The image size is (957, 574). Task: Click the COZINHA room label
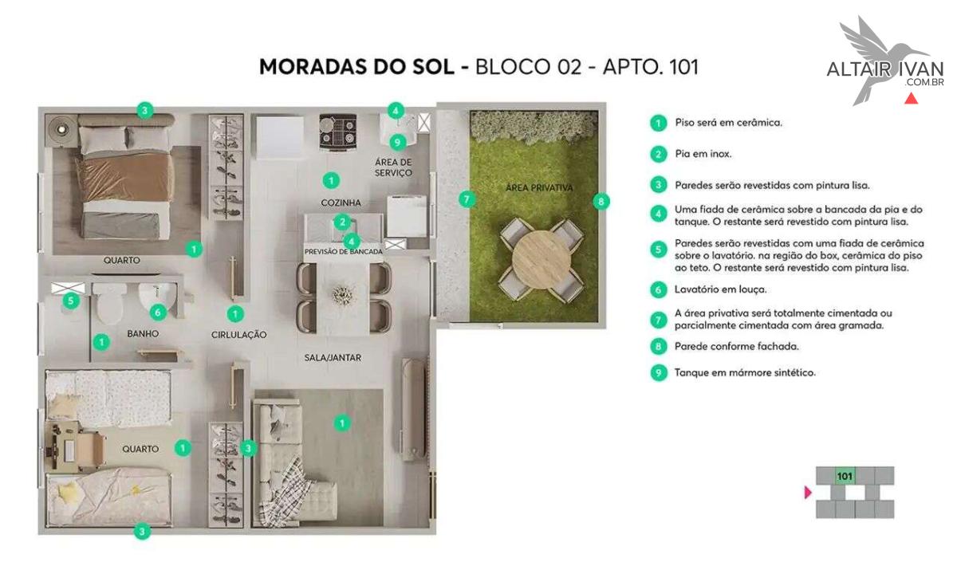[x=341, y=202]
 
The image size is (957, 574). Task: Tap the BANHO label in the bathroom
[x=143, y=333]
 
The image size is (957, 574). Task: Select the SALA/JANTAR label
[x=333, y=357]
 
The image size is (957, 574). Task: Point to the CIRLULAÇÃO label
[x=238, y=335]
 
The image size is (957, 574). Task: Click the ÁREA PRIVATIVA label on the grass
[x=539, y=187]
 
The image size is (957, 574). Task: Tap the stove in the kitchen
[x=338, y=132]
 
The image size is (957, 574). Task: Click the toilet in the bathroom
[x=109, y=304]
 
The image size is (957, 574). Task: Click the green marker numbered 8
[x=601, y=202]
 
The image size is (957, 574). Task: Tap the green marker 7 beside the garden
[x=467, y=199]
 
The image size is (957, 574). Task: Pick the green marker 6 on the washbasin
[x=158, y=313]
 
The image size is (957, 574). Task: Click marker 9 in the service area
[x=398, y=142]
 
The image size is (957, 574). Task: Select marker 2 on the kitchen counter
[x=342, y=222]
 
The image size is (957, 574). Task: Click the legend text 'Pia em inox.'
[x=703, y=154]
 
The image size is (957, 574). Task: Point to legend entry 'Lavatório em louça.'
[x=720, y=289]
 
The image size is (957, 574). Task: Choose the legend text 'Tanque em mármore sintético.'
[x=745, y=372]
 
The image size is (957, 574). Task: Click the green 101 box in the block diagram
[x=845, y=476]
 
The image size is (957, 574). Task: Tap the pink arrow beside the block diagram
[x=807, y=493]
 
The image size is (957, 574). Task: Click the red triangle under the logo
[x=912, y=98]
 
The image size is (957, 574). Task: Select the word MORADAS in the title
[x=314, y=67]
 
